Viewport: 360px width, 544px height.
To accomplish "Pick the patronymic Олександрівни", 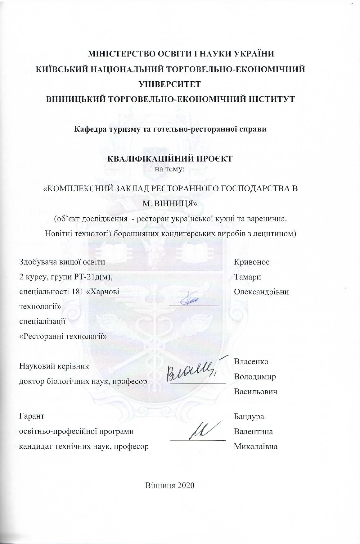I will point(261,292).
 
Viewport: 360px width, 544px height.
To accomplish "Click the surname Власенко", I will point(251,361).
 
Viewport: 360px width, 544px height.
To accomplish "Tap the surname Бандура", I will point(249,416).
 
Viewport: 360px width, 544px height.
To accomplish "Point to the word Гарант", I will point(32,416).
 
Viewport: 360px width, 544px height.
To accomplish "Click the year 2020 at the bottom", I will point(186,485).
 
